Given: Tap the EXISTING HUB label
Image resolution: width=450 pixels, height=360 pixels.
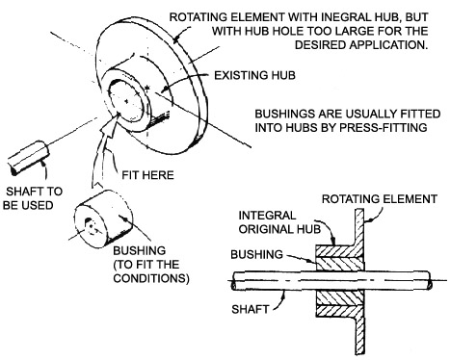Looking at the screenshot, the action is [x=254, y=75].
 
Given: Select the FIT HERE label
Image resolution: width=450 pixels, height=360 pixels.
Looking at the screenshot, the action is [x=147, y=175].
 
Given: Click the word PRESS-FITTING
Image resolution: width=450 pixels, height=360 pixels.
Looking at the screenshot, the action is [x=384, y=127].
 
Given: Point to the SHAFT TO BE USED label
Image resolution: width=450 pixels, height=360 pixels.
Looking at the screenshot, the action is [x=32, y=198].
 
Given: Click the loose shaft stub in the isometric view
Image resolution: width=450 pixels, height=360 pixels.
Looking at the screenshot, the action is [x=28, y=158].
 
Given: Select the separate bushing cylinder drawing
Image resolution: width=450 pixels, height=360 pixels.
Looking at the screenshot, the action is [x=103, y=219].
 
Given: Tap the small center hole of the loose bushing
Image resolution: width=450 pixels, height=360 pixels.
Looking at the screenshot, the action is [x=91, y=226].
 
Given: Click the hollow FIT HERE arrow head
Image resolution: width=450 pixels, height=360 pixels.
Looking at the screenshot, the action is [x=110, y=124].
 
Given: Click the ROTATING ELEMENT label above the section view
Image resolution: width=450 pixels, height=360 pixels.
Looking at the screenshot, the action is [x=380, y=199].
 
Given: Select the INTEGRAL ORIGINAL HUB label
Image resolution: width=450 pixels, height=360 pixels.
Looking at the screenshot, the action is [x=279, y=222].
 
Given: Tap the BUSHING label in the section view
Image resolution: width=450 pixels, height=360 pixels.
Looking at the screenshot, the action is [x=256, y=254].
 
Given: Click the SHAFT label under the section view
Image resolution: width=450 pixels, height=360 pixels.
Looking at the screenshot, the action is [x=250, y=309].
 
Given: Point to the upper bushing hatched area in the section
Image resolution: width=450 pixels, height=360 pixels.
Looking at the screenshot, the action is [x=340, y=264].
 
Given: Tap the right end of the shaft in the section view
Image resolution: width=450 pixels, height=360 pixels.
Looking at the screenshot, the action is [x=430, y=279].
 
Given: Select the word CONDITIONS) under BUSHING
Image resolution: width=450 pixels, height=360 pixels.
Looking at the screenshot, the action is [x=151, y=278].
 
